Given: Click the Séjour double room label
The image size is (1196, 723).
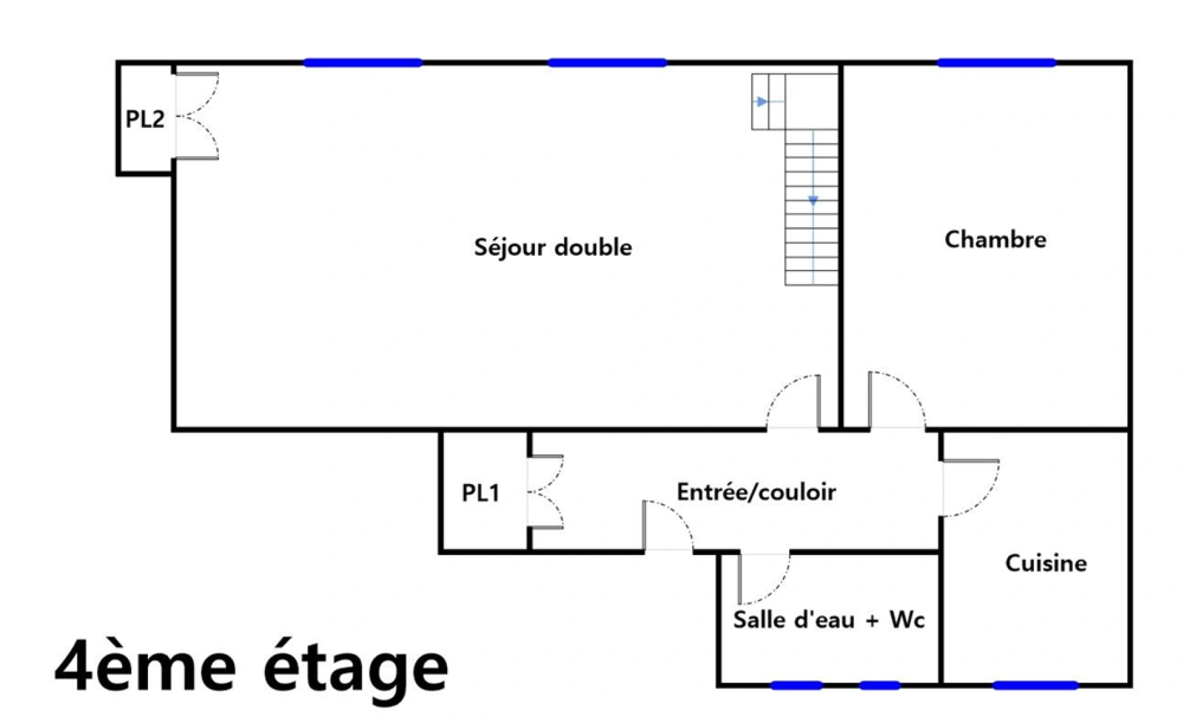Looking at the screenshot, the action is pyautogui.click(x=553, y=248).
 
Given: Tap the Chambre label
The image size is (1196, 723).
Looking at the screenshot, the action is pyautogui.click(x=995, y=240).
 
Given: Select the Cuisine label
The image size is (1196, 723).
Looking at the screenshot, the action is pyautogui.click(x=1046, y=564).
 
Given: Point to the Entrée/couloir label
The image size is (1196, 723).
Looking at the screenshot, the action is pyautogui.click(x=756, y=493).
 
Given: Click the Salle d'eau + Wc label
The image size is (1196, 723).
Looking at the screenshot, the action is pyautogui.click(x=829, y=620).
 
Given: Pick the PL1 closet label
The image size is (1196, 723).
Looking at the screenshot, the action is pyautogui.click(x=481, y=493).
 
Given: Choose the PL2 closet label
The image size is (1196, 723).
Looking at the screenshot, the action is pyautogui.click(x=145, y=119).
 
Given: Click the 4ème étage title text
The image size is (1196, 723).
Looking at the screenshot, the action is pyautogui.click(x=251, y=667).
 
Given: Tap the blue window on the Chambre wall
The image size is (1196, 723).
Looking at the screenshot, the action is pyautogui.click(x=997, y=63).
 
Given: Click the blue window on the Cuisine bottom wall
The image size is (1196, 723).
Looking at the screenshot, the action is pyautogui.click(x=1035, y=685).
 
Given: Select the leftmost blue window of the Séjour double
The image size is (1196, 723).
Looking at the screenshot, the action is pyautogui.click(x=363, y=63).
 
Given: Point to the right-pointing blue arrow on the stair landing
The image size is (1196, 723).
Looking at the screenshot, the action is pyautogui.click(x=762, y=102).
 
